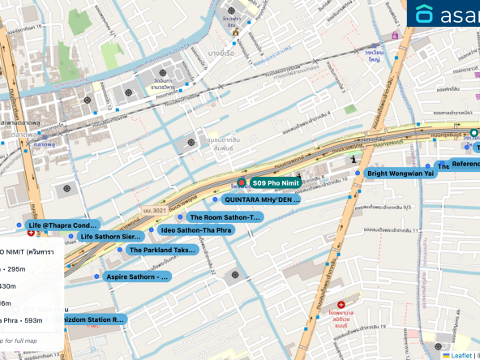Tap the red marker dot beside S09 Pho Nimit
[242, 184]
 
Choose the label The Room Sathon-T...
[225, 217]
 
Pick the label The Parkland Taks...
[162, 250]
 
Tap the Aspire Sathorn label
[138, 276]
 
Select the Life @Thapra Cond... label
[62, 225]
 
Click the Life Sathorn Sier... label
[112, 237]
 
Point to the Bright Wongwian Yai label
[402, 174]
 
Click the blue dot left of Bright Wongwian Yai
[358, 174]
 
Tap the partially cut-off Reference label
[465, 164]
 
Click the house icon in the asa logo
[425, 14]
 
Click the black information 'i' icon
[354, 161]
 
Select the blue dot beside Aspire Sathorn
[97, 276]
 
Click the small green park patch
[349, 109]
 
